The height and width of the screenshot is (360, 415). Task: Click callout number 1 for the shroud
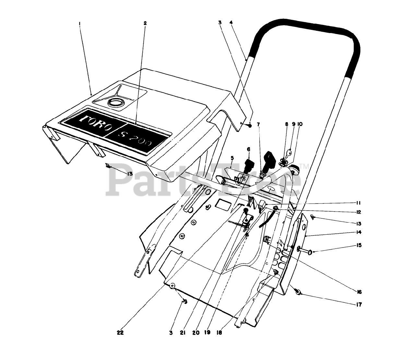click(x=79, y=23)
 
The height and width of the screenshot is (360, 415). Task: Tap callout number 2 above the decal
click(x=145, y=23)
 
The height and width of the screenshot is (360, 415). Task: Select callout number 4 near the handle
click(x=231, y=23)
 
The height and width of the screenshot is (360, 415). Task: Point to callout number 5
click(x=232, y=158)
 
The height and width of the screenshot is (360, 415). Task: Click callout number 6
click(x=249, y=149)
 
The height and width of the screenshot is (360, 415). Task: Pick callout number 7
click(x=258, y=124)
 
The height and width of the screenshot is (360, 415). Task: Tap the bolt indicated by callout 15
click(x=303, y=251)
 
